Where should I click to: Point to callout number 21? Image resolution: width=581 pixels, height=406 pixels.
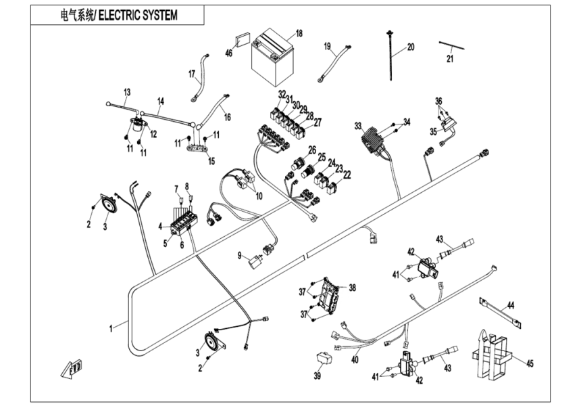[x=451, y=59]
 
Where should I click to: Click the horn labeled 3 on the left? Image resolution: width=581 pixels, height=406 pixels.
[x=106, y=204]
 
